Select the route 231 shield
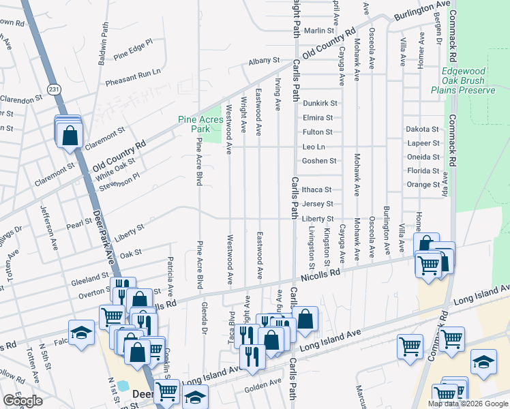tap(55, 89)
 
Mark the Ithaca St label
tap(317, 190)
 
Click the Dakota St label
tap(423, 129)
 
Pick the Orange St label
tap(423, 185)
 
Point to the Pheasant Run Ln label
tap(133, 77)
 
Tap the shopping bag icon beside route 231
tap(70, 135)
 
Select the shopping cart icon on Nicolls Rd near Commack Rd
tap(428, 264)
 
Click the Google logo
tap(22, 401)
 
